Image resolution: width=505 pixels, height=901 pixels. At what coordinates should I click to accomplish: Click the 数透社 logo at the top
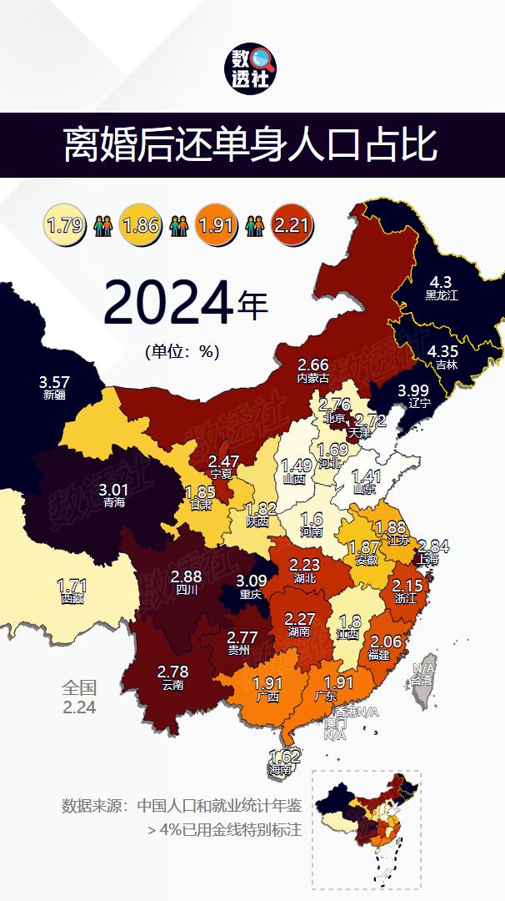(x=252, y=68)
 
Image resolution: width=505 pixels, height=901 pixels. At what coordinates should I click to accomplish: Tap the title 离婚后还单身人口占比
(x=252, y=145)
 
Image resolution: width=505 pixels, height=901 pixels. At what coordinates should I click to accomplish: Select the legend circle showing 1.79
(x=65, y=224)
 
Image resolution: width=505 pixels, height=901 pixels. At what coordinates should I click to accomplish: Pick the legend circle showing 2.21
(x=292, y=224)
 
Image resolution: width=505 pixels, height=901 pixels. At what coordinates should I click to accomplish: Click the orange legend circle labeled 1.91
(x=216, y=224)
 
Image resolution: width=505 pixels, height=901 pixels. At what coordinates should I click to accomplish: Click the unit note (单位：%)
(x=182, y=351)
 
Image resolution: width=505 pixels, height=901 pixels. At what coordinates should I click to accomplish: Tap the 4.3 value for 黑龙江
(x=441, y=282)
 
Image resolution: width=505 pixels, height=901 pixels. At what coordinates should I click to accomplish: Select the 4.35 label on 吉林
(x=442, y=351)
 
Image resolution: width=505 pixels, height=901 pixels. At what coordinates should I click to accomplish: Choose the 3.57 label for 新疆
(x=54, y=382)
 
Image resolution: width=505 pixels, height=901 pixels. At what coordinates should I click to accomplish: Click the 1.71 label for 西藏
(x=72, y=585)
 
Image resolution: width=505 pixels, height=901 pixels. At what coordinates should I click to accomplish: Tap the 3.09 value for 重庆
(x=250, y=581)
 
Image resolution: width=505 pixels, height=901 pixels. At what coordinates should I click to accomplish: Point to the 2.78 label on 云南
(x=173, y=672)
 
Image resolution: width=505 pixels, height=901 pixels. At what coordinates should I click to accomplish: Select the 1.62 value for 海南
(x=284, y=758)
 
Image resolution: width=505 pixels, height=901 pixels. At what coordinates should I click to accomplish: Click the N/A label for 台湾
(x=423, y=668)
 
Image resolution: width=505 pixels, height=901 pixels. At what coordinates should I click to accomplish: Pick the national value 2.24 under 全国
(x=79, y=707)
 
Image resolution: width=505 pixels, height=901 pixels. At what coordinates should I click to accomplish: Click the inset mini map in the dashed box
(x=366, y=828)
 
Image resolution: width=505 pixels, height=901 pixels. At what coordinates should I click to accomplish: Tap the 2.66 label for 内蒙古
(x=313, y=365)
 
